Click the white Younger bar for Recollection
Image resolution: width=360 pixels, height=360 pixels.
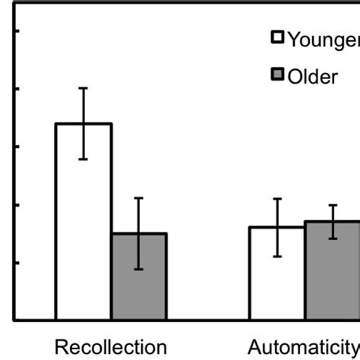(84, 228)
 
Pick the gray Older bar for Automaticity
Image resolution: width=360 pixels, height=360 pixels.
(333, 276)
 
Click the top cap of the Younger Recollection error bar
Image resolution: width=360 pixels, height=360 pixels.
(84, 88)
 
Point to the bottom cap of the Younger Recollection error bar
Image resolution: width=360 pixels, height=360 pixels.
(84, 159)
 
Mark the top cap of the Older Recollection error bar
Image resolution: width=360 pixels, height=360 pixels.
(139, 198)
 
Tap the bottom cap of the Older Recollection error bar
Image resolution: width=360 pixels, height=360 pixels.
(139, 269)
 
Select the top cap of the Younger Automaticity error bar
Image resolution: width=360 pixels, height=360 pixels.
(278, 199)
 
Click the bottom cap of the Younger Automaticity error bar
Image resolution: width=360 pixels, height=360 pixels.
(278, 256)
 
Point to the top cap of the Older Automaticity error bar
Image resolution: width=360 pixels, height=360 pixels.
(333, 205)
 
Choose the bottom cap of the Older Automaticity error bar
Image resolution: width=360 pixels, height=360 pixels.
(333, 238)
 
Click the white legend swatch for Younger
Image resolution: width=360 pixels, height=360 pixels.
(278, 38)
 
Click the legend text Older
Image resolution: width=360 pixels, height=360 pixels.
(311, 77)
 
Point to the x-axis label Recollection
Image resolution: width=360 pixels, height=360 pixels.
(111, 346)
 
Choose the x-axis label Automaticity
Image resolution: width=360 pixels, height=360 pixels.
(304, 346)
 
